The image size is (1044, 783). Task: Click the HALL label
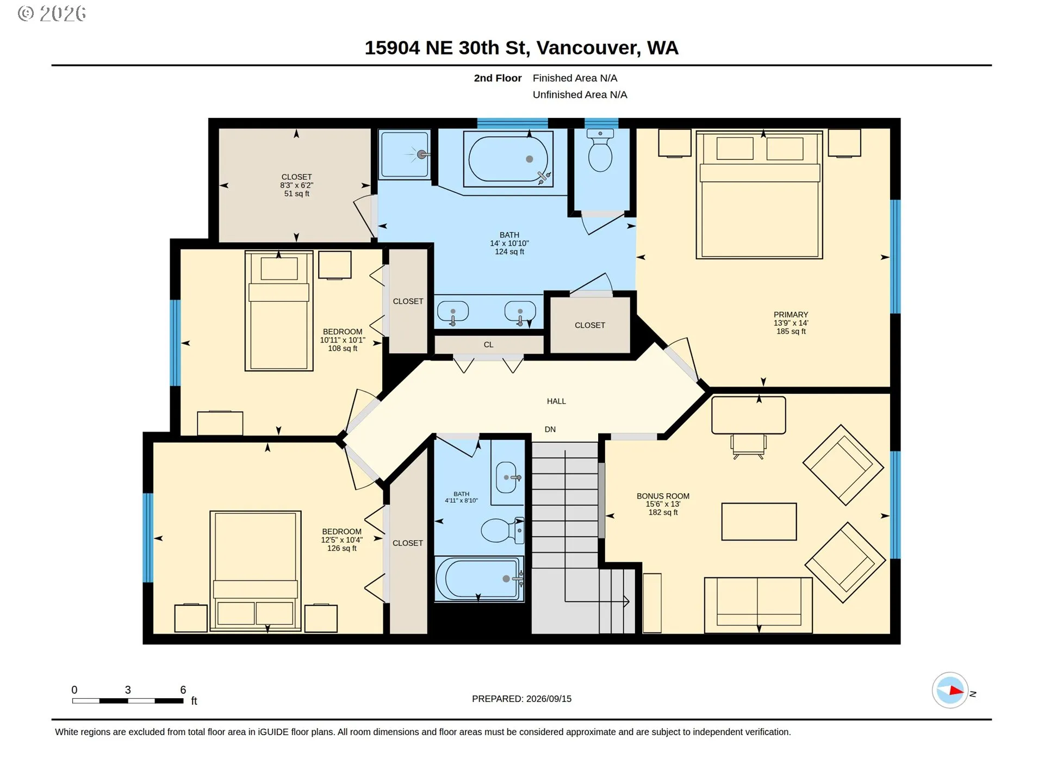(556, 401)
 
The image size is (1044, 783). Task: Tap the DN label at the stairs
(550, 430)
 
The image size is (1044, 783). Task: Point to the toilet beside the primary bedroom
(600, 151)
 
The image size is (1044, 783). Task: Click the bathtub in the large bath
(508, 159)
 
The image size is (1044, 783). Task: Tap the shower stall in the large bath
(405, 154)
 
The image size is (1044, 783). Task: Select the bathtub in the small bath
(478, 579)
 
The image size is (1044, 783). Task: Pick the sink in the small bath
(506, 477)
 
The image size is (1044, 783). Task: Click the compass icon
(950, 691)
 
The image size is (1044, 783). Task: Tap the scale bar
(128, 701)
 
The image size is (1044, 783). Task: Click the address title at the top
(521, 48)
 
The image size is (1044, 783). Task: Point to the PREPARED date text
(521, 699)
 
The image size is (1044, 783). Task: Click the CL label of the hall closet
(488, 345)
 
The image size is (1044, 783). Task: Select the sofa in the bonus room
(759, 605)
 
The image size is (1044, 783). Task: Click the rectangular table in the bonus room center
(759, 521)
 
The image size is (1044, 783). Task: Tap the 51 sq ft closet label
(296, 185)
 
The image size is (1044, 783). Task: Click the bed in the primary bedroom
(759, 195)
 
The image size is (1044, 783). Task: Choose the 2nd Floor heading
(498, 78)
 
